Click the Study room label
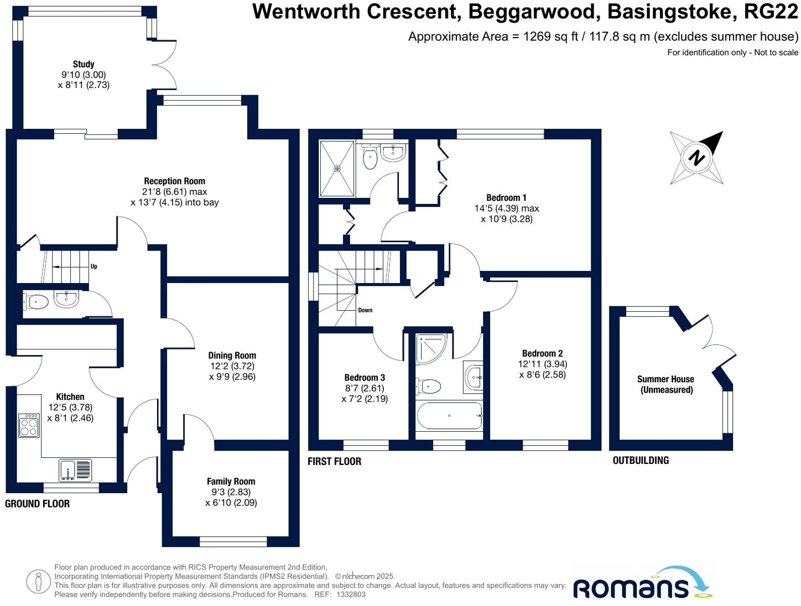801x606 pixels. (84, 64)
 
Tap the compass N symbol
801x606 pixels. (697, 158)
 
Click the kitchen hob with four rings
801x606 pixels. (29, 426)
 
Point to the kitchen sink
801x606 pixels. (75, 470)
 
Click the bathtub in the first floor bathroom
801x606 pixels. (449, 416)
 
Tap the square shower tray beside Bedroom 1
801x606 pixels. (337, 169)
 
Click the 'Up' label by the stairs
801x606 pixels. (93, 267)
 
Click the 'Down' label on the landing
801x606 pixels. (365, 310)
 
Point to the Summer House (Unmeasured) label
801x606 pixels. (665, 384)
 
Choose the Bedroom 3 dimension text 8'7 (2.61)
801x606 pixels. (364, 388)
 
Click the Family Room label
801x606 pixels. (231, 482)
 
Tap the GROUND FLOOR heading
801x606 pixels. (37, 504)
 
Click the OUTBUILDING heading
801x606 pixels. (641, 460)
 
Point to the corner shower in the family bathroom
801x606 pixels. (431, 348)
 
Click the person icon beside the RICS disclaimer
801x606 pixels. (39, 581)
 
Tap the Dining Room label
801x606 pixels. (232, 356)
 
